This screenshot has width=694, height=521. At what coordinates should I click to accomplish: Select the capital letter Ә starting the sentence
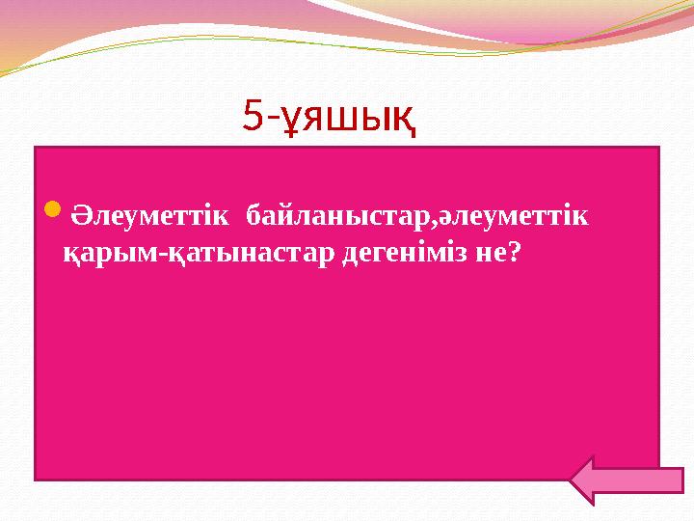[84, 212]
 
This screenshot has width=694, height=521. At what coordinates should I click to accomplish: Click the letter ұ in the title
[288, 117]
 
